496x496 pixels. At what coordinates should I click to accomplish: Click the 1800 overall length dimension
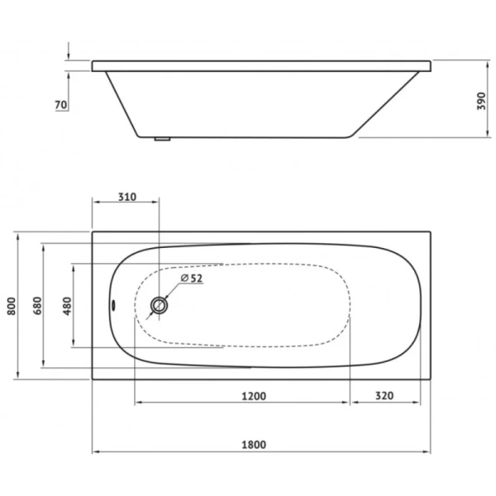point(254,445)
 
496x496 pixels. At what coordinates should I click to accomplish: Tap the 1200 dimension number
point(254,396)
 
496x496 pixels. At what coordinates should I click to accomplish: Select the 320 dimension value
point(384,396)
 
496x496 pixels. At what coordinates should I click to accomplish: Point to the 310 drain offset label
point(127,197)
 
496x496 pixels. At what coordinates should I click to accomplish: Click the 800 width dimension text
point(12,306)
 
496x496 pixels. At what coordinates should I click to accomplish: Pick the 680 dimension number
point(37,306)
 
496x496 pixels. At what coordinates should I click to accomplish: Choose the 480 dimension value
point(68,306)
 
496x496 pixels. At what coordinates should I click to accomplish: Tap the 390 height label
point(481,101)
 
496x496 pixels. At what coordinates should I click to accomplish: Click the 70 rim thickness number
point(61,105)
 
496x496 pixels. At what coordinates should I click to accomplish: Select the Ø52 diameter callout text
point(192,278)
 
